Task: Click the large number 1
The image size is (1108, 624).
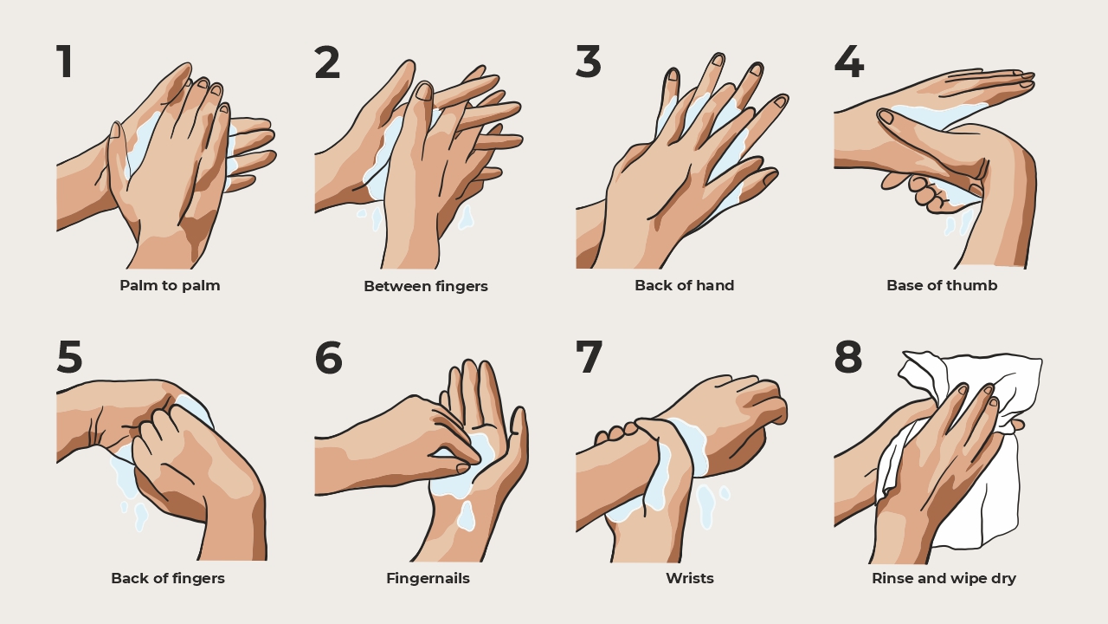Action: (65, 62)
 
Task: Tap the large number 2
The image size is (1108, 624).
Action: (327, 62)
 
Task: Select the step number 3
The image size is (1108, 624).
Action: (588, 62)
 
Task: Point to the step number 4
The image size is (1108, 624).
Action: (848, 62)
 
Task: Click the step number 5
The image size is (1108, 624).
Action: (70, 357)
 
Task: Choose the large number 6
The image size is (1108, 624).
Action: (328, 357)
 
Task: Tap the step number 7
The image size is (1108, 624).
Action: (589, 357)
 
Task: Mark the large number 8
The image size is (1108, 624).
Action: (848, 357)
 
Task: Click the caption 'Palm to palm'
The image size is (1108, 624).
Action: (170, 285)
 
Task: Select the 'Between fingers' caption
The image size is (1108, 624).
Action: (425, 286)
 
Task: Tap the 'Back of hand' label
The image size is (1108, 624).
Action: (684, 285)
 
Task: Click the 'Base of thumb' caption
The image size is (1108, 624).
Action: (942, 285)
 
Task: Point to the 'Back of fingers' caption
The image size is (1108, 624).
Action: (167, 578)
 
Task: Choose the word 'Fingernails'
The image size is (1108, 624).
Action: (428, 578)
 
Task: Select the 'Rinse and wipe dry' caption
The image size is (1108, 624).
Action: (944, 578)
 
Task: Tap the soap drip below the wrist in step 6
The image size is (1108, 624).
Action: (467, 516)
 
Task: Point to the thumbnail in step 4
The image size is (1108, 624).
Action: (886, 117)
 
